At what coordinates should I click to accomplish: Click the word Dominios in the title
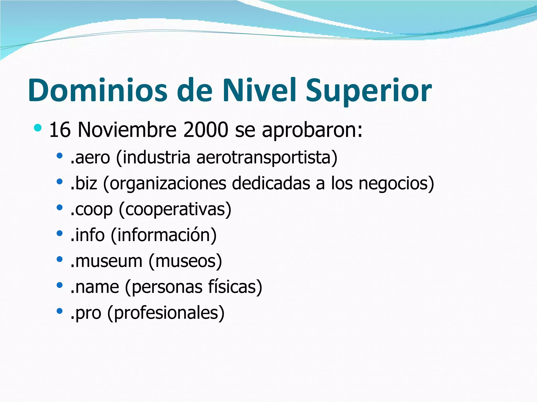point(98,90)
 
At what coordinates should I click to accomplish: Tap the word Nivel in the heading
point(260,90)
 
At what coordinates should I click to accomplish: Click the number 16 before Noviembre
point(60,130)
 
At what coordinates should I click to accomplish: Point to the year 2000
point(206,130)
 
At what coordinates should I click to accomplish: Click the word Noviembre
point(127,130)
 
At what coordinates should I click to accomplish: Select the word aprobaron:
point(312,130)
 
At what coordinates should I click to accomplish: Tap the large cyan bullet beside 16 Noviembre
point(38,128)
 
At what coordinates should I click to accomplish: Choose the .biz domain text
point(84,183)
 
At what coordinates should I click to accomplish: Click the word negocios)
point(396,183)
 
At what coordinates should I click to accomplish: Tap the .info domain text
point(88,235)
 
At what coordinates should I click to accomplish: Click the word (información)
point(164,235)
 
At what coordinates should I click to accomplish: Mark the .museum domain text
point(106,261)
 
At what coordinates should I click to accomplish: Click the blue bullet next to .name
point(60,285)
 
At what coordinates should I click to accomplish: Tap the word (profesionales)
point(166,313)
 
